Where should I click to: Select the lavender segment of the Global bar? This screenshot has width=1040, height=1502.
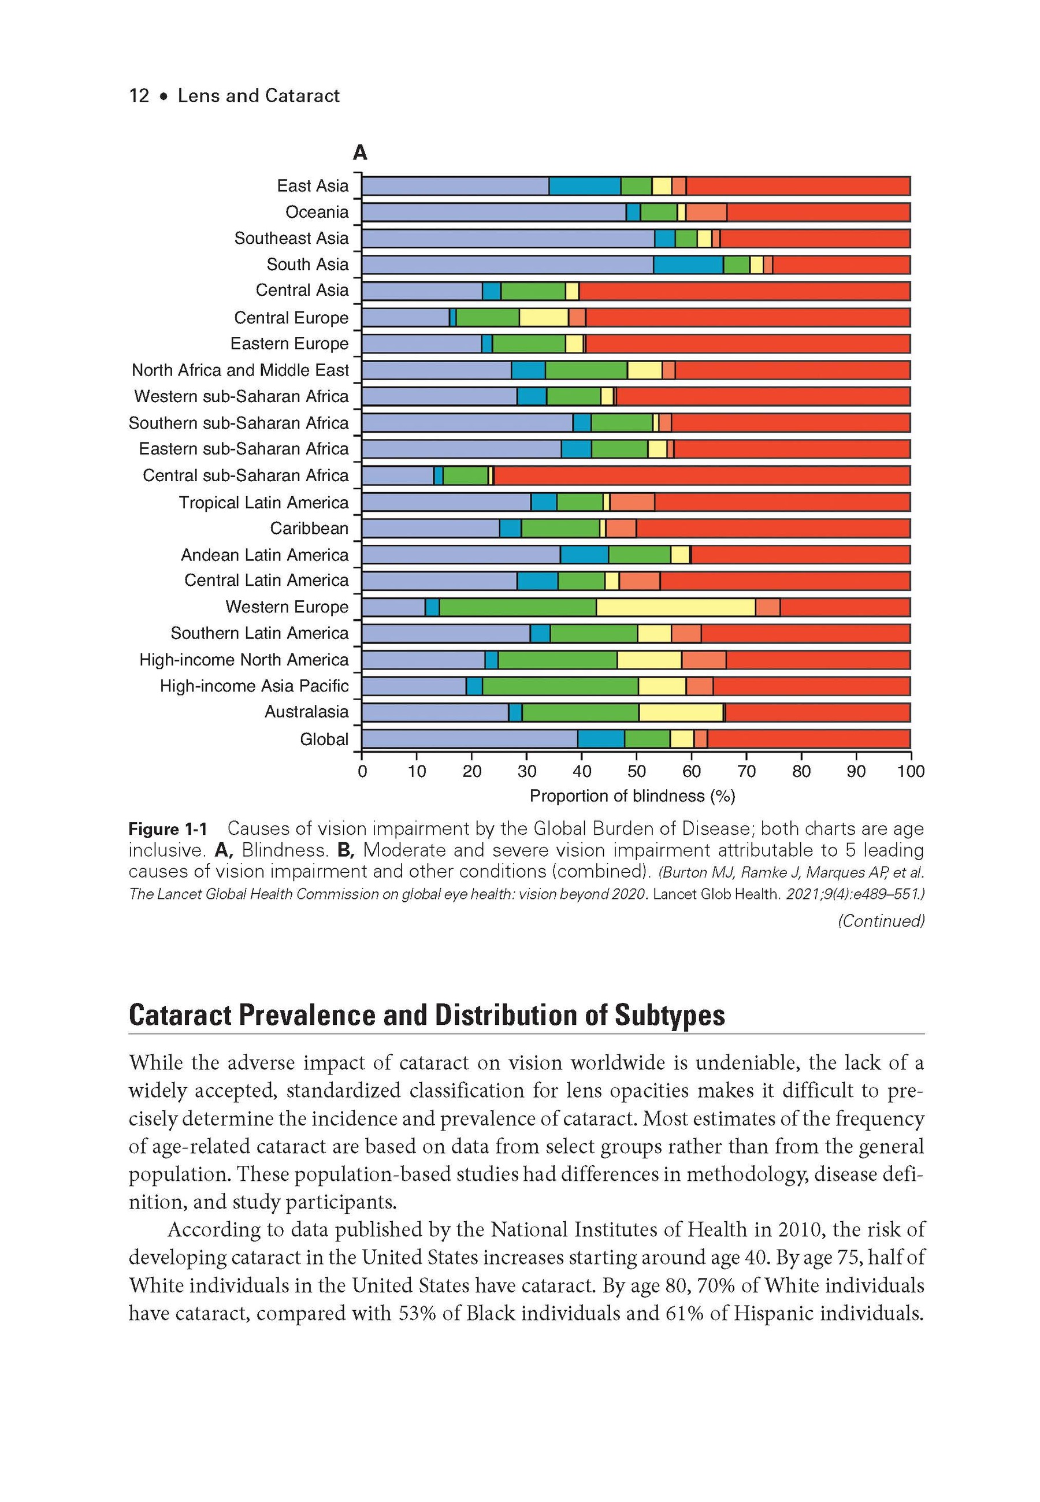(x=469, y=739)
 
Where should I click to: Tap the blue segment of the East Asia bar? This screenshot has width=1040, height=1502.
(x=585, y=185)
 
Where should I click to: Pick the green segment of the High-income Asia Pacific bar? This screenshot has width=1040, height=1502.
(x=560, y=686)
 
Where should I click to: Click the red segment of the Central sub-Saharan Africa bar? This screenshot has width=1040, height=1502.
(x=702, y=475)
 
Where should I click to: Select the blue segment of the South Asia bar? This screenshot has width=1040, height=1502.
(x=688, y=265)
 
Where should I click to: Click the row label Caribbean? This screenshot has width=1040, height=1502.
(x=309, y=528)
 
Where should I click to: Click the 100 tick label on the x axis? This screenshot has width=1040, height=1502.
(x=911, y=771)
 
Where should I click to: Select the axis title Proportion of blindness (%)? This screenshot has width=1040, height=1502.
(x=632, y=796)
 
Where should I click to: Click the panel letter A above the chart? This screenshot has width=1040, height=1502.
(x=360, y=153)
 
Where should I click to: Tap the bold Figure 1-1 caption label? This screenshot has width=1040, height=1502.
(x=168, y=829)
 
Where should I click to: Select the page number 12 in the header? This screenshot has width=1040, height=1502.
(x=139, y=96)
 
